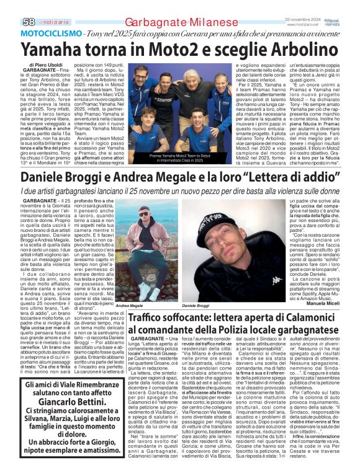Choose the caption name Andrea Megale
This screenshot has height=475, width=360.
coord(129,306)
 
